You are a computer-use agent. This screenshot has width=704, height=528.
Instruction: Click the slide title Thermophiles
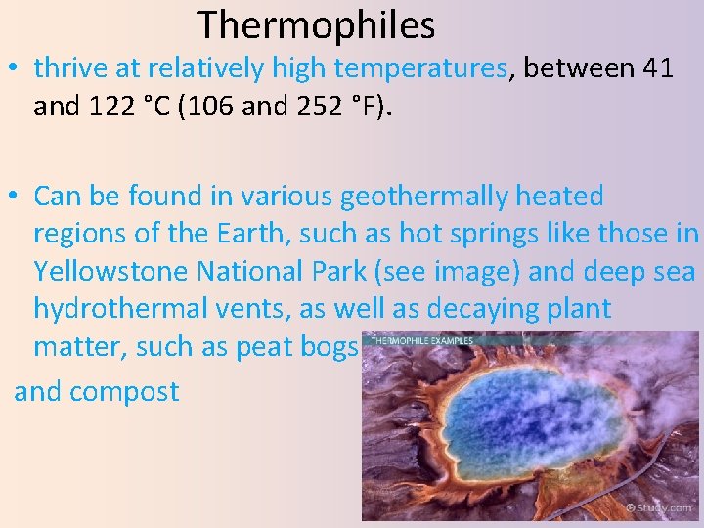(x=316, y=24)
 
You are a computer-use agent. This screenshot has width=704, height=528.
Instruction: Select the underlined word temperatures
(x=420, y=68)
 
